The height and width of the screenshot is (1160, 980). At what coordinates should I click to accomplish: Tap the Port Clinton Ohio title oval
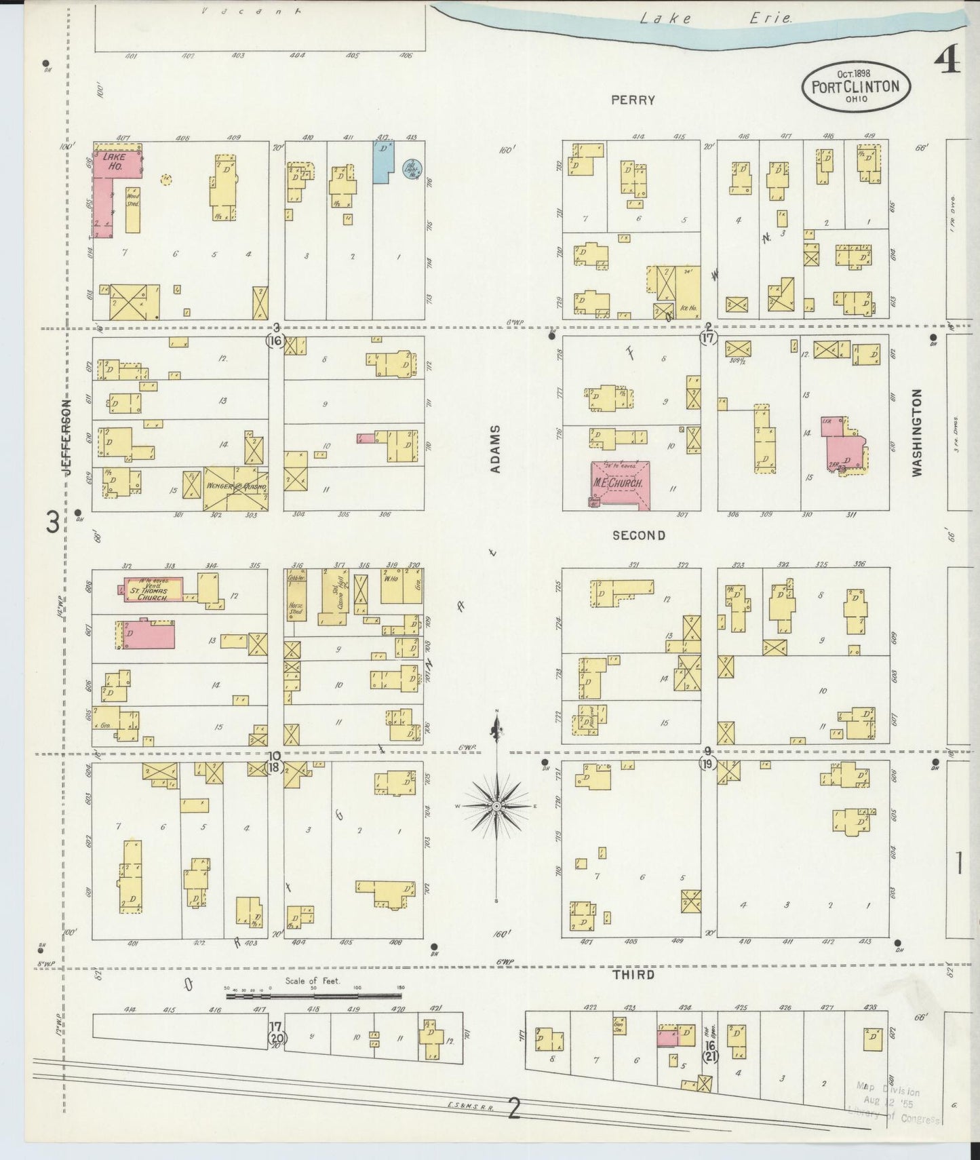(855, 87)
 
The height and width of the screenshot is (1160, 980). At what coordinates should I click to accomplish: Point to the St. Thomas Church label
(152, 591)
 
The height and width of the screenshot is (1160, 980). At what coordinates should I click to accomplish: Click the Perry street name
(633, 100)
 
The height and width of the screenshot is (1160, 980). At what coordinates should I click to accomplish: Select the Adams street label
(496, 448)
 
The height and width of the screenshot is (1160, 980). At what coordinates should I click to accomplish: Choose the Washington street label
(917, 432)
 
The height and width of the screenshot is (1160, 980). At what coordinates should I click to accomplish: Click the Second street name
(638, 535)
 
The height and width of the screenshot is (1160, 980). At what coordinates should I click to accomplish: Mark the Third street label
(633, 975)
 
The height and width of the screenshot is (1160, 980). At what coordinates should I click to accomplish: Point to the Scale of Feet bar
(313, 997)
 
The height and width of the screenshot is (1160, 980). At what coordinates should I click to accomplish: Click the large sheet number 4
(947, 62)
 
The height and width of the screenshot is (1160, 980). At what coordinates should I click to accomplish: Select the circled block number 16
(275, 341)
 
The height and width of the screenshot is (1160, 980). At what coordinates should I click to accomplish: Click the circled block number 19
(707, 764)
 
